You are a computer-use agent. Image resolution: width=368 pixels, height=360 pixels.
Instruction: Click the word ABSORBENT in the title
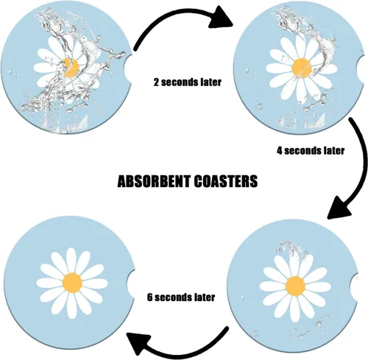[154, 181]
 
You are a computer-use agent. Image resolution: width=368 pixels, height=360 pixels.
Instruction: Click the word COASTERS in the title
[226, 181]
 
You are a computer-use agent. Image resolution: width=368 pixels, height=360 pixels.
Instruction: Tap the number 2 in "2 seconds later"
[156, 82]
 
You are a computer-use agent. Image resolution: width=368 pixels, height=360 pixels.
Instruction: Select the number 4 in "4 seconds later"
[280, 150]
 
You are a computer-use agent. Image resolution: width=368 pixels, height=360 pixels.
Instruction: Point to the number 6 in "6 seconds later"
[150, 297]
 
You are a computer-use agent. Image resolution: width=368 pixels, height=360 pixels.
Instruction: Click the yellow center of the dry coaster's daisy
[72, 283]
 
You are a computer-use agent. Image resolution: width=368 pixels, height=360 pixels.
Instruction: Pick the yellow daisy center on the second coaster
[302, 68]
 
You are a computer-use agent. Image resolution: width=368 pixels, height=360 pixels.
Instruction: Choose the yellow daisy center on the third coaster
[295, 286]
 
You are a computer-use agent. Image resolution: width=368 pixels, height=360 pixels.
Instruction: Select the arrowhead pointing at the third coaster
[339, 207]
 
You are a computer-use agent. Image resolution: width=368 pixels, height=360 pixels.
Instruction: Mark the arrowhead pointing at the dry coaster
[138, 343]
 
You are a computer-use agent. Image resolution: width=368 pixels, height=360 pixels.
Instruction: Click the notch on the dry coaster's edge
[131, 283]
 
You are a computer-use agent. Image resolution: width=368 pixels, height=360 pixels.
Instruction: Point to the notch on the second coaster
[361, 68]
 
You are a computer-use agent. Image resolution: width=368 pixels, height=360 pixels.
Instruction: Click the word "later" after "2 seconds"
[210, 82]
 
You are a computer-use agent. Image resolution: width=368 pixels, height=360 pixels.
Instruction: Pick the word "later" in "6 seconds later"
[205, 297]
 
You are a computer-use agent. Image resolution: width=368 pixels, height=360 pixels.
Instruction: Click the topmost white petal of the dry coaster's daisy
[71, 260]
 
